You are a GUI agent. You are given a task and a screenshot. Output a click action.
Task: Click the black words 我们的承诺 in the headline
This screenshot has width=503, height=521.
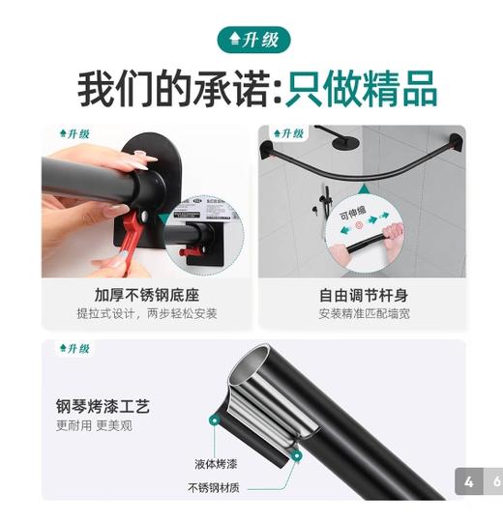click(x=170, y=88)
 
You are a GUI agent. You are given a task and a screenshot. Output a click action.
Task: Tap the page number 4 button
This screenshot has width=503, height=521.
click(x=468, y=481)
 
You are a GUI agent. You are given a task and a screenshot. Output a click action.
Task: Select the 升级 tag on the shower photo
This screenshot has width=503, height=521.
click(x=287, y=134)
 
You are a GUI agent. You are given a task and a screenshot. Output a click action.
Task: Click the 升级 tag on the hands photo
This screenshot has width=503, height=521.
click(x=74, y=134)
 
